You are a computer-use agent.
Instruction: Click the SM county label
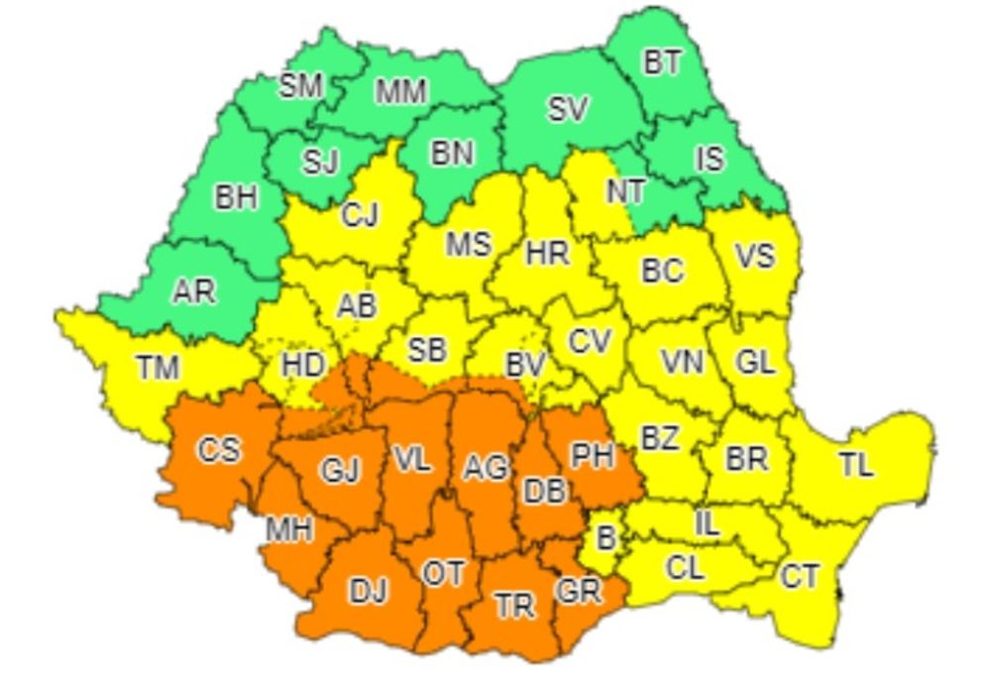coord(300,86)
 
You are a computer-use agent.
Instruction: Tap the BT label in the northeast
coord(662,63)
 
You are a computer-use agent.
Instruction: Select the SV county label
coord(568,109)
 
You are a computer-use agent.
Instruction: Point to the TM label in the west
coord(158,368)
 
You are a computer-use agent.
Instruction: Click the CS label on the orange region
coord(218,449)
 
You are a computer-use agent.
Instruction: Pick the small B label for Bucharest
coord(604,539)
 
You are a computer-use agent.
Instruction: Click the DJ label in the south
coord(369,591)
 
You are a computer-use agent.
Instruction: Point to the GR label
coord(579,591)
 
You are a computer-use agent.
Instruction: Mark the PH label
coord(592,456)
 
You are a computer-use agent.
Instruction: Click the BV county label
coord(525,365)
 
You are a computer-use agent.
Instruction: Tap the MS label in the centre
coord(468,244)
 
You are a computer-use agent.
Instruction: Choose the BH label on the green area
coord(236,197)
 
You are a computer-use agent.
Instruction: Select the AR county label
coord(193,293)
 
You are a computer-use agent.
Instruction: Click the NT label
coord(626,192)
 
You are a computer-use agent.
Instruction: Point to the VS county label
coord(754,256)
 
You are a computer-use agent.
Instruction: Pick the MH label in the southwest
coord(288,530)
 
